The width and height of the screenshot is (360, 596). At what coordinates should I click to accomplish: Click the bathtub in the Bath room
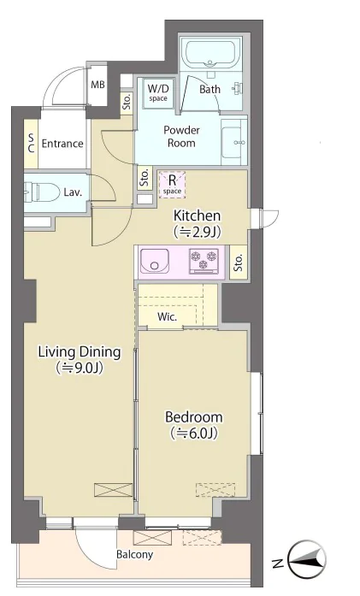[x=210, y=52]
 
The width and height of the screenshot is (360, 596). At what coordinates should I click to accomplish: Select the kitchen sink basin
[x=155, y=260]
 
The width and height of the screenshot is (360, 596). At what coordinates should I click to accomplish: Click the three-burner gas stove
[x=204, y=261]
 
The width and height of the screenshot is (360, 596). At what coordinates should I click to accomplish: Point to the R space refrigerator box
[x=172, y=185]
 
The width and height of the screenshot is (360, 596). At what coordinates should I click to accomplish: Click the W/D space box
[x=158, y=92]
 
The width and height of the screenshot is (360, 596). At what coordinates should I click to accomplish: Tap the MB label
[x=97, y=85]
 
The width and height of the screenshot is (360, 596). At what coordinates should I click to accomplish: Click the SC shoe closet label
[x=31, y=144]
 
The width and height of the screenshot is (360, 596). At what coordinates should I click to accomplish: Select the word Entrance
[x=62, y=144]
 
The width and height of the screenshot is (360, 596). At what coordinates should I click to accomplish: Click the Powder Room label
[x=182, y=137]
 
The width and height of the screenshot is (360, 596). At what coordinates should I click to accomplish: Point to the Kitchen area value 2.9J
[x=198, y=232]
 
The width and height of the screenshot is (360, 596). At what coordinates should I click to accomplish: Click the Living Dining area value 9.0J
[x=80, y=368]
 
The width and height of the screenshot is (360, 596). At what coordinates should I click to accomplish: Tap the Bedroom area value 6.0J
[x=194, y=433]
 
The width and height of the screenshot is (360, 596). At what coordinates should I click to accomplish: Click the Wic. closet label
[x=168, y=316]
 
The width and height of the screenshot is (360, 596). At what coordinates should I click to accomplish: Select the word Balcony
[x=134, y=555]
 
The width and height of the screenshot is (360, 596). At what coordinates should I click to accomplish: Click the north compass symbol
[x=307, y=558]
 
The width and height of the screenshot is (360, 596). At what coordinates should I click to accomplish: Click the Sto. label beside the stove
[x=239, y=263]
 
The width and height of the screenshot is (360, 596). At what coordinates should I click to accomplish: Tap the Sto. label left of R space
[x=145, y=178]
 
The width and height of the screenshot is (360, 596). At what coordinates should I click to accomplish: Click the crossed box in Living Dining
[x=113, y=490]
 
